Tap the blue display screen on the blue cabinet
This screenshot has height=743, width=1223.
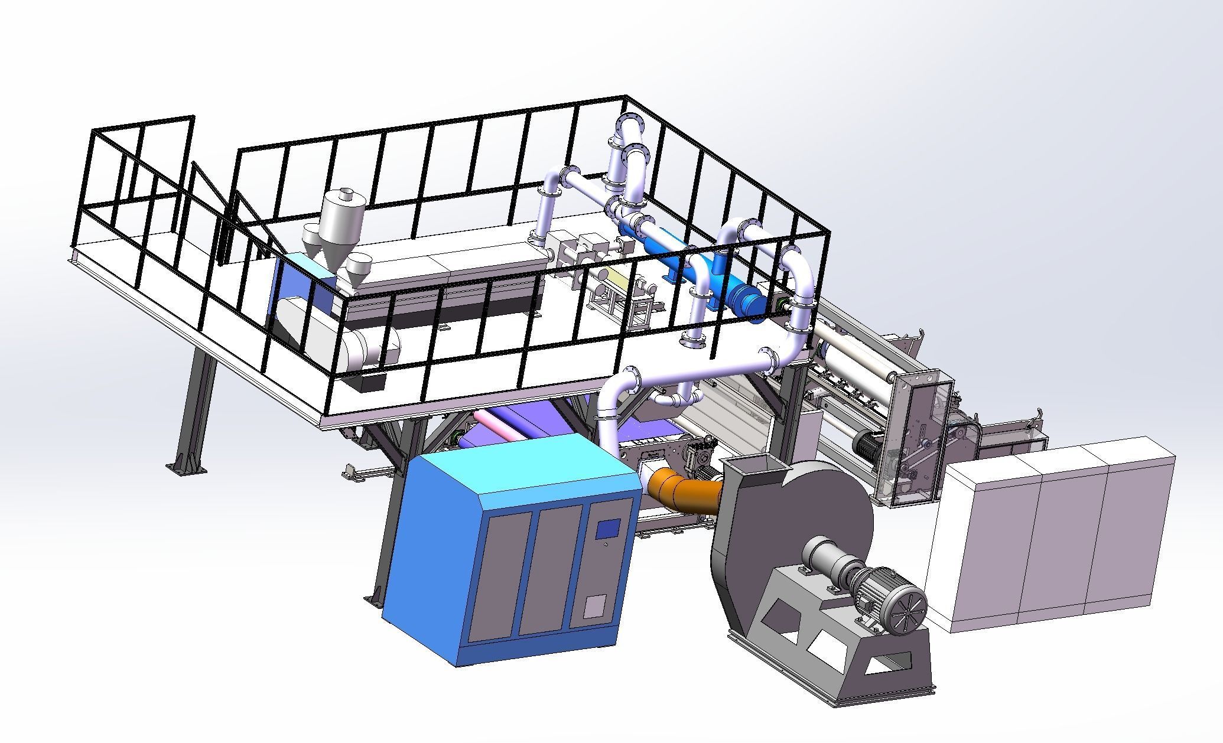607,528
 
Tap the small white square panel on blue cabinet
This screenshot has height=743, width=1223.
595,607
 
